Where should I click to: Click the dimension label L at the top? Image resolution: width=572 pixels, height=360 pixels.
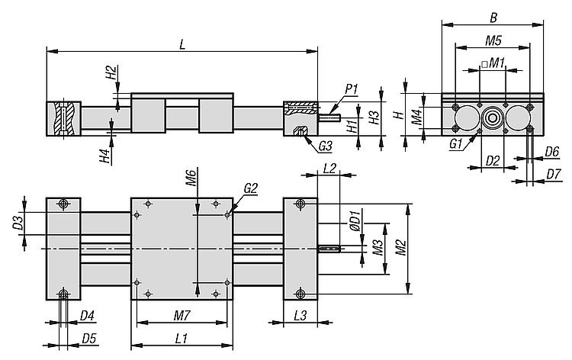(182, 43)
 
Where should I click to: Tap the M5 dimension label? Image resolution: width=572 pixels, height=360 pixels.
(493, 39)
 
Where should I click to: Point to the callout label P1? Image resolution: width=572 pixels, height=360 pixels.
(352, 90)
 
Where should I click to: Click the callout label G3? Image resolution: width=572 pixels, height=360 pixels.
(326, 145)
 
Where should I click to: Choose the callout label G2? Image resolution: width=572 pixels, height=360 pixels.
(250, 188)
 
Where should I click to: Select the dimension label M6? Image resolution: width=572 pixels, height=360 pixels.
(192, 180)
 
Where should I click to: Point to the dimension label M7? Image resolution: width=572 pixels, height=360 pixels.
(182, 315)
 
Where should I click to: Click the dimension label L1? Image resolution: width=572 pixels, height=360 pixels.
(182, 338)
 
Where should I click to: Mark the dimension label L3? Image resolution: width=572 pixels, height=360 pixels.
(300, 315)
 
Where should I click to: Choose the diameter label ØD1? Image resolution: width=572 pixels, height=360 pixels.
(353, 220)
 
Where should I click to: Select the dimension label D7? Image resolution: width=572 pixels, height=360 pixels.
(554, 175)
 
